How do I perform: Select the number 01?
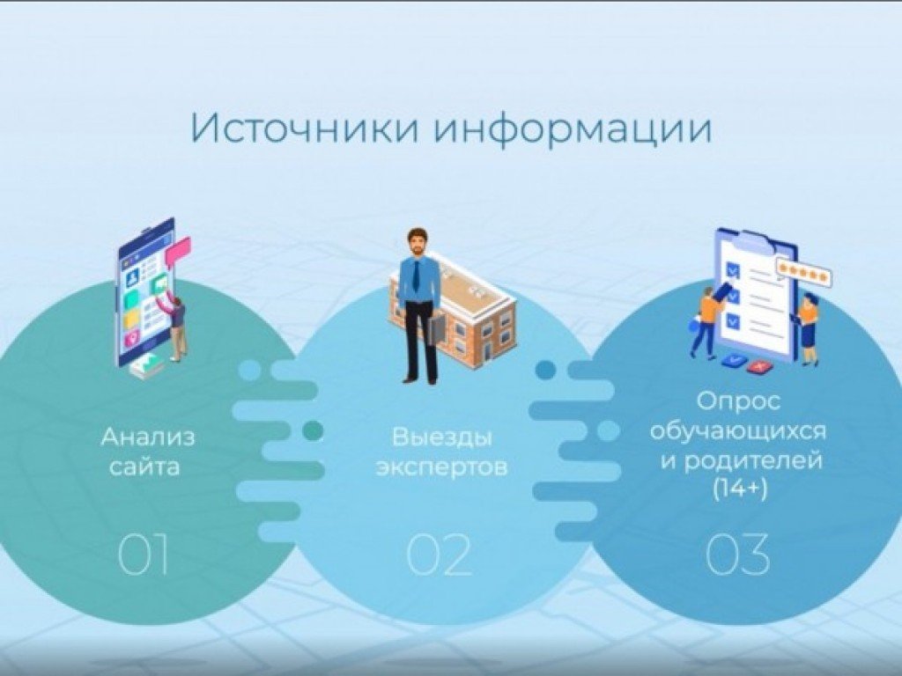(x=143, y=555)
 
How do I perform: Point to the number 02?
(x=440, y=555)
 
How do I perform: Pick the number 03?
(x=738, y=555)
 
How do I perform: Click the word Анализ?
(x=148, y=437)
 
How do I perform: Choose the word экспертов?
(x=441, y=467)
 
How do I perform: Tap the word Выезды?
(x=441, y=437)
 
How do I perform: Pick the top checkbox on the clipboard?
(x=730, y=268)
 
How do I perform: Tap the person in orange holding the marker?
(x=707, y=317)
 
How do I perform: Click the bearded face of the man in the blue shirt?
(x=417, y=243)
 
